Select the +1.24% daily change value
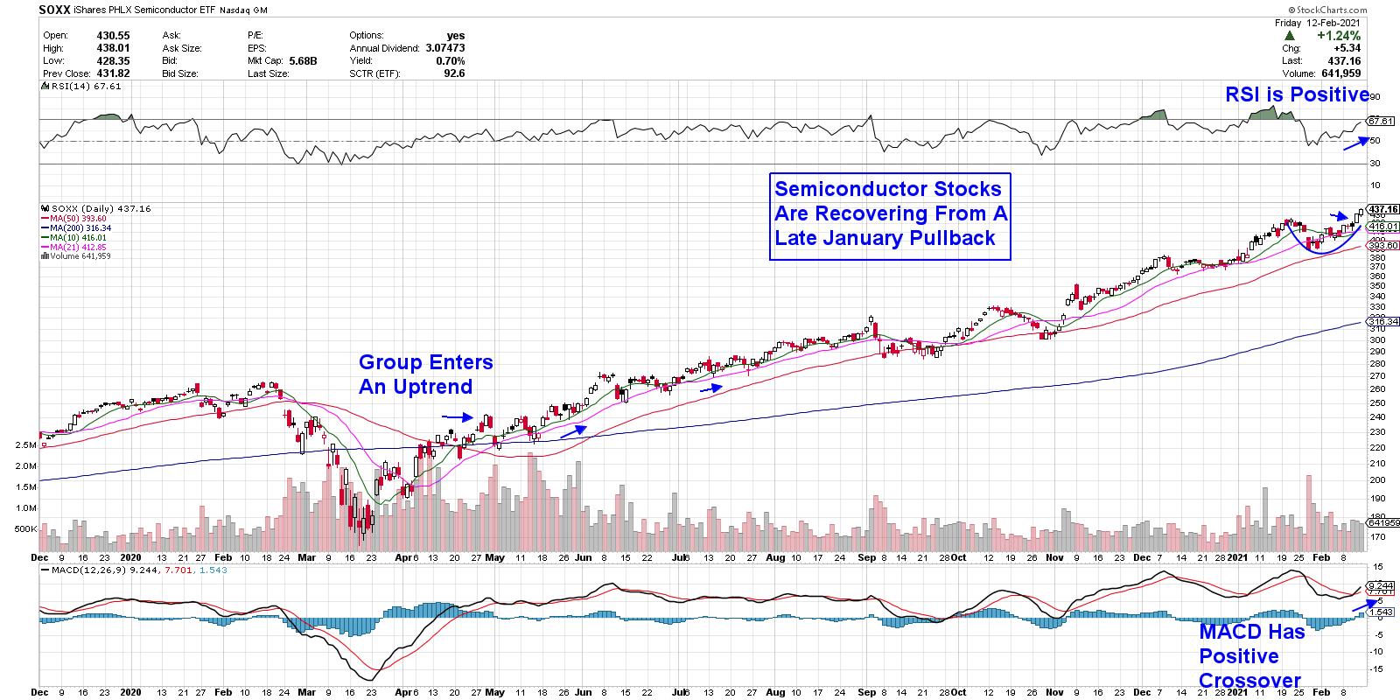[x=1348, y=35]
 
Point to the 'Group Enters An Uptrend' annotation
[x=425, y=374]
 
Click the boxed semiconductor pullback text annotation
[x=890, y=213]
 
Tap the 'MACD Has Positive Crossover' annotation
[x=1251, y=656]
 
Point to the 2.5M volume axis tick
[x=24, y=445]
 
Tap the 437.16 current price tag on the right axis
[x=1382, y=209]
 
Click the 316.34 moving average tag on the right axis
[x=1382, y=321]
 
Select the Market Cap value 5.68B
[x=302, y=61]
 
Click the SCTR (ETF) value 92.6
[x=454, y=73]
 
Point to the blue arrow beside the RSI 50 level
[x=1355, y=143]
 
